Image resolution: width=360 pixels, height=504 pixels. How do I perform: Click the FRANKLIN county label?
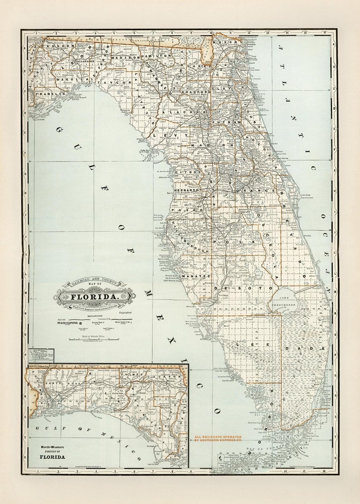(44, 93)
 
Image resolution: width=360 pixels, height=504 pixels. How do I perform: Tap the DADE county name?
(317, 348)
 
